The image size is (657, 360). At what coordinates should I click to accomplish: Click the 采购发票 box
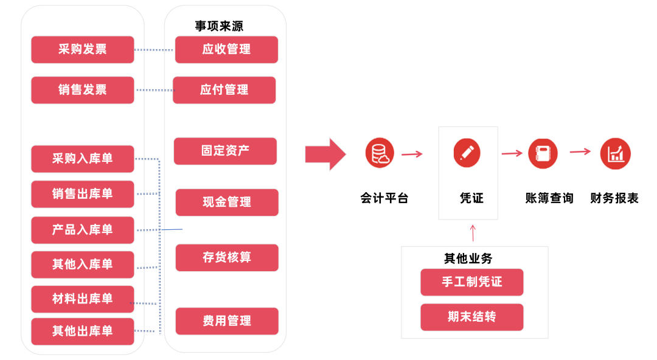pos(82,49)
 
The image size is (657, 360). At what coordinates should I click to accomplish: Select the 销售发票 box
pos(82,90)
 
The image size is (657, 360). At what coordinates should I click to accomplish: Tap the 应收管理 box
pos(226,49)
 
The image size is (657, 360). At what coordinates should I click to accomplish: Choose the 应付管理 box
pos(224,90)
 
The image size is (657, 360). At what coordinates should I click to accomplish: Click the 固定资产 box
pos(225,151)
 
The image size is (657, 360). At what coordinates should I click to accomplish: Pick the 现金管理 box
pos(227,202)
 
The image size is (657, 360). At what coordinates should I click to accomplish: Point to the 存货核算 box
pos(227,257)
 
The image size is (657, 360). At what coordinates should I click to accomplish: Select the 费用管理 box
pos(227,321)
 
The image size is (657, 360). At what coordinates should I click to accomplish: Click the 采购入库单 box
pos(82,159)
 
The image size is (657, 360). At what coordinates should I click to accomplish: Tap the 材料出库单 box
pos(82,299)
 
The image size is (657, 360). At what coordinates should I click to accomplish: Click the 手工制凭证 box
pos(471,282)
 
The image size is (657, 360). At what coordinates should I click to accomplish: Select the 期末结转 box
pos(471,317)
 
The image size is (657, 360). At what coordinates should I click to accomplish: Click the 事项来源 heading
pos(219,26)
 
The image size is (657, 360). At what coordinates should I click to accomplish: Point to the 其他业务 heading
pos(468,258)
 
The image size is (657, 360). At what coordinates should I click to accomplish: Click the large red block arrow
pos(325,154)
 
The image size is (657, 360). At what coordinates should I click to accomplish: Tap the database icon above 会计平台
pos(380,153)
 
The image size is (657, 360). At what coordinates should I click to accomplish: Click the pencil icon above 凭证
pos(467,153)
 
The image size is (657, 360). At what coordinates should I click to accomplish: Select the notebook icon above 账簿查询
pos(543,153)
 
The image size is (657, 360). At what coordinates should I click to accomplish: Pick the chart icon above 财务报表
pos(615,153)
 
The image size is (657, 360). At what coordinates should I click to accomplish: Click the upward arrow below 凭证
pos(473,232)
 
